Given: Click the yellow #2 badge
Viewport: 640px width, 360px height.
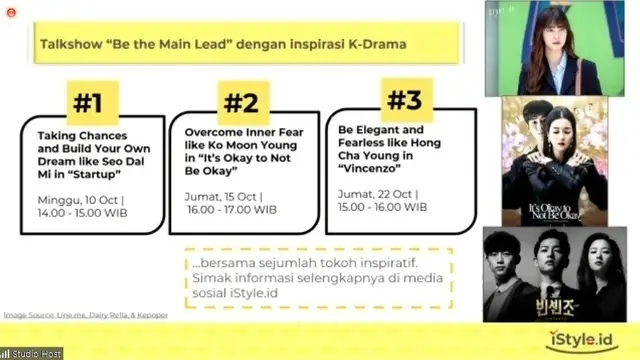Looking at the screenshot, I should click(x=239, y=103).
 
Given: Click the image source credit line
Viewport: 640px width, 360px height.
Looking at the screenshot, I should click(x=85, y=315).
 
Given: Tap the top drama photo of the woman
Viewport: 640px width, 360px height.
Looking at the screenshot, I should click(x=561, y=50).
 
